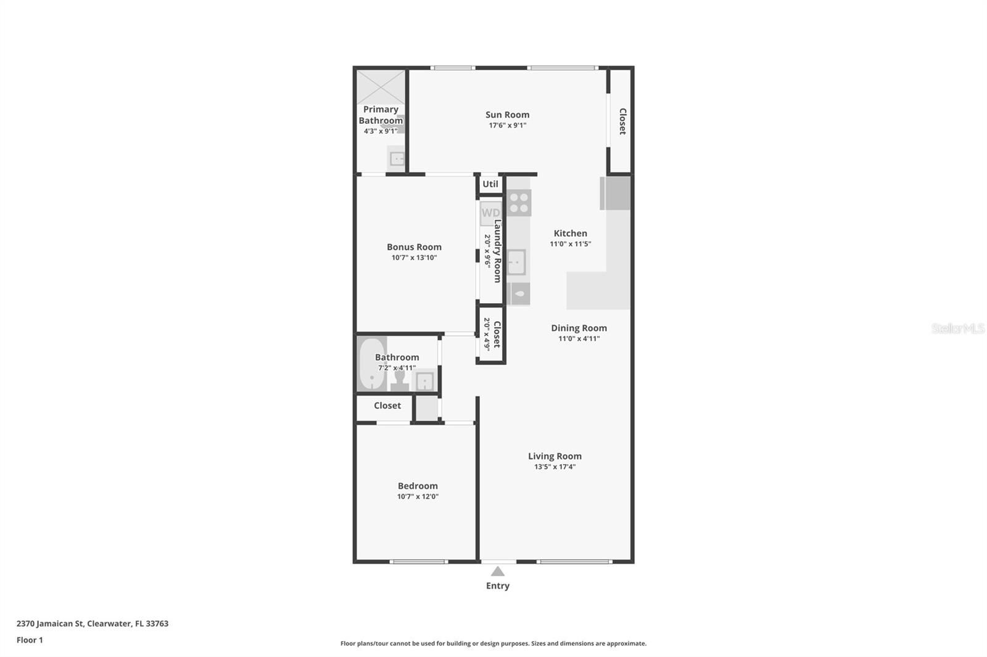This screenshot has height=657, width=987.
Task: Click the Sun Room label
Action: (x=507, y=115)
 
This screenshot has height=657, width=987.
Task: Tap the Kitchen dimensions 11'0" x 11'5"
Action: (x=570, y=244)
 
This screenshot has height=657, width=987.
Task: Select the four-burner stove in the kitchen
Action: (x=519, y=203)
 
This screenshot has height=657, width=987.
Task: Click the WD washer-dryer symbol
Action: (x=490, y=214)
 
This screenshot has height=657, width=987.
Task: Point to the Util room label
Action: (x=490, y=184)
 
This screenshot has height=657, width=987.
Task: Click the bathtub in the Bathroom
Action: (x=371, y=364)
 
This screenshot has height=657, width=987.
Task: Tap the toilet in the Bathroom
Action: (x=400, y=380)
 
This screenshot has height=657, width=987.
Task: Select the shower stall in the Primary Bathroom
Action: (x=381, y=87)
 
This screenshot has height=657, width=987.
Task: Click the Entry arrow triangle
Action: (x=497, y=571)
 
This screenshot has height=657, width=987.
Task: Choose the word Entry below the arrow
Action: (x=497, y=586)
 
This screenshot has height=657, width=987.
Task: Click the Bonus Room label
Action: (x=414, y=247)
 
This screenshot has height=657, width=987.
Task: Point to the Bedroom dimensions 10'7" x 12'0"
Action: (x=417, y=497)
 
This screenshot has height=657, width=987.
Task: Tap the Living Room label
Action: (x=555, y=456)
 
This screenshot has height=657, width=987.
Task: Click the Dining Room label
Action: (x=579, y=328)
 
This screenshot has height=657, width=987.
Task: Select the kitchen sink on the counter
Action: (x=516, y=262)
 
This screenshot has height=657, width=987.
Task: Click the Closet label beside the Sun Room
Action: (x=622, y=121)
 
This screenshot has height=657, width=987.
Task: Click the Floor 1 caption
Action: (x=30, y=640)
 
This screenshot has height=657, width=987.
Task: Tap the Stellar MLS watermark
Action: (x=958, y=328)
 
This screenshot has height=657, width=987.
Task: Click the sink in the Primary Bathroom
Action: (x=397, y=158)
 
